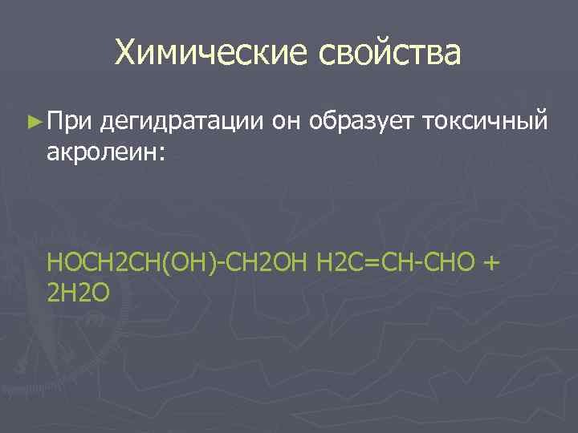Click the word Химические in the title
point(213,54)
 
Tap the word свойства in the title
point(391,54)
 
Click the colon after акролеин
point(162,154)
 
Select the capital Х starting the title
point(125,54)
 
